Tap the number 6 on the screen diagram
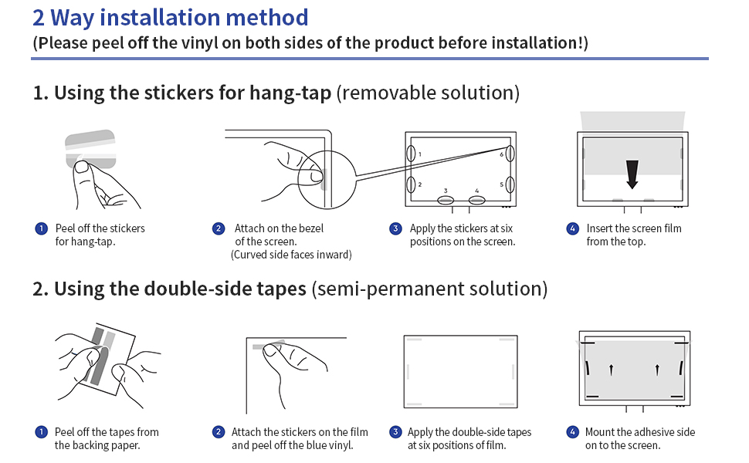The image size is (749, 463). pyautogui.click(x=501, y=154)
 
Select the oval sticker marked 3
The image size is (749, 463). pyautogui.click(x=446, y=201)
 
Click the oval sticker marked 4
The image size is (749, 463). pyautogui.click(x=476, y=201)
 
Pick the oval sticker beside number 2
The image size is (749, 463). pyautogui.click(x=411, y=185)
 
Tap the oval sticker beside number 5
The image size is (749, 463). pyautogui.click(x=510, y=185)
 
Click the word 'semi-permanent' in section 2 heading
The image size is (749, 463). pyautogui.click(x=396, y=289)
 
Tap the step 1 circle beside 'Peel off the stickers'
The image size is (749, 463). pyautogui.click(x=40, y=228)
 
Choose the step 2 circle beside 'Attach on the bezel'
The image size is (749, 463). pyautogui.click(x=219, y=228)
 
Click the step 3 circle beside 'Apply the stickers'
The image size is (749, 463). pyautogui.click(x=395, y=228)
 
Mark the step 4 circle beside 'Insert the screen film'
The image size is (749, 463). pyautogui.click(x=572, y=228)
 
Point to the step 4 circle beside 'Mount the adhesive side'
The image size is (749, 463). pyautogui.click(x=572, y=432)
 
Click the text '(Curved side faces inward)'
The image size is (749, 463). pyautogui.click(x=291, y=255)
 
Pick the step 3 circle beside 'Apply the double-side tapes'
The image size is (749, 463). pyautogui.click(x=395, y=432)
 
